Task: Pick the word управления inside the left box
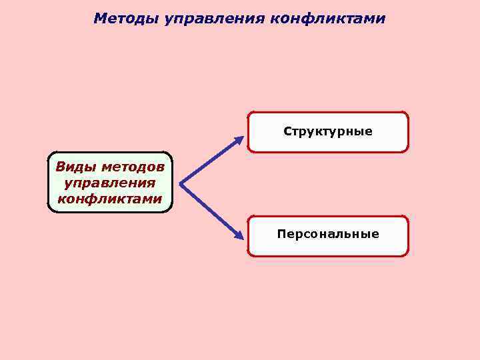[110, 182]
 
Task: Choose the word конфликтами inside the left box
[110, 199]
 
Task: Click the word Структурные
[328, 131]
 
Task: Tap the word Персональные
[328, 234]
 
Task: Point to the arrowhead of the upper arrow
[239, 140]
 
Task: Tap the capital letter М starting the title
[100, 18]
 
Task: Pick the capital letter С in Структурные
[287, 131]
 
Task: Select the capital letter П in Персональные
[281, 234]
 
